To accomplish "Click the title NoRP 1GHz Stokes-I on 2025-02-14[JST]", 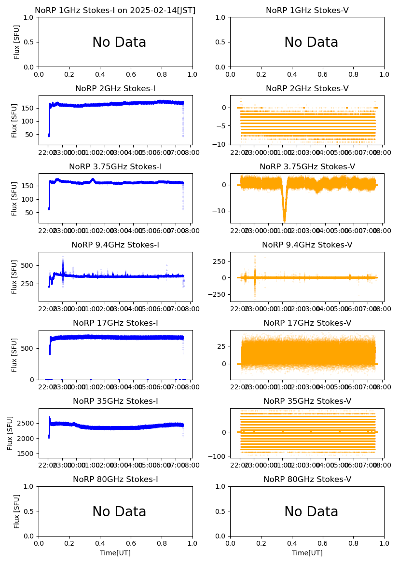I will click(115, 10).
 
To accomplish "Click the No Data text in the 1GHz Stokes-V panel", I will click(311, 42).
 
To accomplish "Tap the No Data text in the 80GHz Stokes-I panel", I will click(119, 512).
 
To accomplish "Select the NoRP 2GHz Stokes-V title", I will click(307, 88).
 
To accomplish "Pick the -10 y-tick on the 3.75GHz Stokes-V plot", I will click(220, 211).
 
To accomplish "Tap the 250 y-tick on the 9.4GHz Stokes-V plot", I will click(220, 261).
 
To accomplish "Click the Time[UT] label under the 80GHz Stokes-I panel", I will click(115, 553).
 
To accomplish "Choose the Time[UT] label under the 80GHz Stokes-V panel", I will click(307, 553).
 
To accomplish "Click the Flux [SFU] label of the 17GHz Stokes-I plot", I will click(15, 355).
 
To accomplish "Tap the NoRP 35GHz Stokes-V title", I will click(307, 401).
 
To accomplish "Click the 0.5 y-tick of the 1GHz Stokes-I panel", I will click(30, 42).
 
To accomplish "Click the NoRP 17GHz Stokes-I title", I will click(115, 323).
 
